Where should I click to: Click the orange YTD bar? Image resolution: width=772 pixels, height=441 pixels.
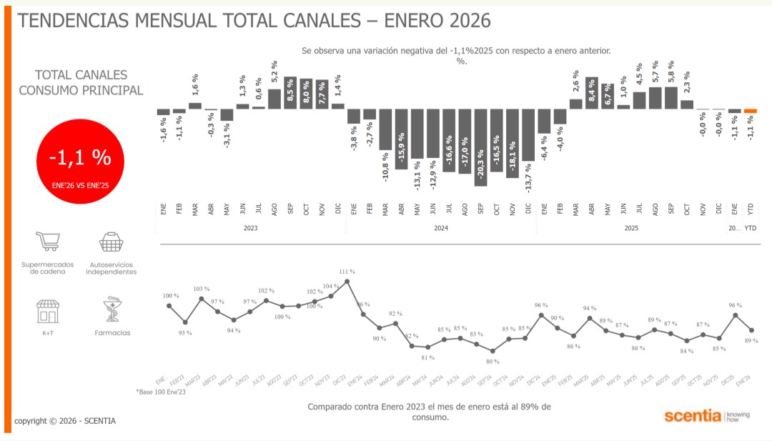pos(750,111)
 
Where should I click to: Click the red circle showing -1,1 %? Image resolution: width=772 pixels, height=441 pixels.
pos(79,162)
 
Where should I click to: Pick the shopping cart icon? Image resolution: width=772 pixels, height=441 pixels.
pos(48,242)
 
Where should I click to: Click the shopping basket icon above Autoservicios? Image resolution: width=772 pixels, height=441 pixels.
pos(112,242)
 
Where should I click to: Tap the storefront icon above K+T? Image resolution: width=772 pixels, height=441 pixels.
pos(48,311)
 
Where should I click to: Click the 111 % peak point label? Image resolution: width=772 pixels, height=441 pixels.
pos(347,272)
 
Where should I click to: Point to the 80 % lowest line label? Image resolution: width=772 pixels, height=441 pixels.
pos(493,361)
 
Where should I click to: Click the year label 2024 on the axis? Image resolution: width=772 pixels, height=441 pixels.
pos(440,228)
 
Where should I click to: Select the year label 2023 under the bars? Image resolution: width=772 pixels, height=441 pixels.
pos(250,228)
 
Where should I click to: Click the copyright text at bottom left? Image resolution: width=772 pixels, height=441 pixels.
pos(64,421)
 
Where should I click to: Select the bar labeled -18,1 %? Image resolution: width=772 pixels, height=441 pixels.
pos(512,143)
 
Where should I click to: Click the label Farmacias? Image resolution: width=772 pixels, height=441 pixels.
pos(112,333)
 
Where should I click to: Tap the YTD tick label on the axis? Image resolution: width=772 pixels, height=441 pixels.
pos(750,209)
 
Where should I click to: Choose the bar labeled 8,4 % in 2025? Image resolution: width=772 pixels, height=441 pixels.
pos(591,93)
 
